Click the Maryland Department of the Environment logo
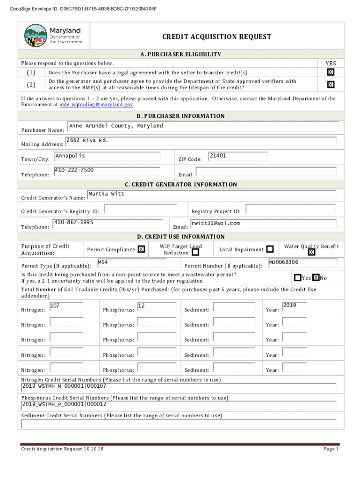pyautogui.click(x=53, y=36)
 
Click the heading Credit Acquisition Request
pyautogui.click(x=216, y=37)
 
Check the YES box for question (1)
pyautogui.click(x=331, y=72)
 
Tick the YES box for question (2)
pyautogui.click(x=331, y=85)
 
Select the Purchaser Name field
pyautogui.click(x=203, y=127)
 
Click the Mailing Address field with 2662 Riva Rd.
pyautogui.click(x=201, y=141)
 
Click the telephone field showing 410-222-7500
pyautogui.click(x=108, y=171)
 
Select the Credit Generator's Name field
pyautogui.click(x=211, y=195)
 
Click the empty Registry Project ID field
pyautogui.click(x=290, y=209)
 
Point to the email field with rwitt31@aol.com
pyautogui.click(x=263, y=224)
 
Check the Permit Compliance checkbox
pyautogui.click(x=141, y=250)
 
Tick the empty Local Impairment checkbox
pyautogui.click(x=270, y=249)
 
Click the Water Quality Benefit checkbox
pyautogui.click(x=312, y=253)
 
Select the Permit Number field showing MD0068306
pyautogui.click(x=302, y=263)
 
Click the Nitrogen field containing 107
pyautogui.click(x=66, y=307)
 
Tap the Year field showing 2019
pyautogui.click(x=295, y=307)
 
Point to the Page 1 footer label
pyautogui.click(x=331, y=449)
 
